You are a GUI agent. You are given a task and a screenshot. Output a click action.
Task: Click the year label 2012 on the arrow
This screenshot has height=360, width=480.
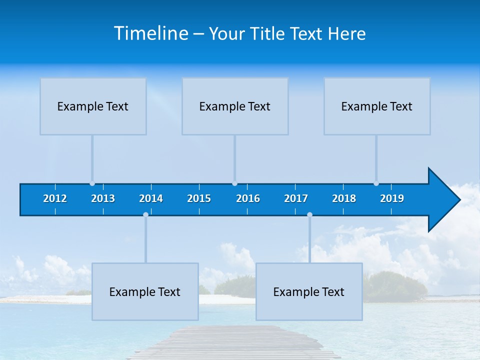coord(55,198)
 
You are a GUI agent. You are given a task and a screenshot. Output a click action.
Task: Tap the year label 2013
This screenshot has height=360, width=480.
coord(103,198)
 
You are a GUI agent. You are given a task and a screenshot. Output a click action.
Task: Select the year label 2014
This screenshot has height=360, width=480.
coord(151,198)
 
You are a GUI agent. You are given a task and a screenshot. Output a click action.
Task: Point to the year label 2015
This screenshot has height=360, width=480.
coord(199,198)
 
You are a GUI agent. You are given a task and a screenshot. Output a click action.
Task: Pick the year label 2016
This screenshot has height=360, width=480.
coord(248,198)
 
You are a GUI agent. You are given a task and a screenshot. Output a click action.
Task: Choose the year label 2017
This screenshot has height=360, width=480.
coord(296,198)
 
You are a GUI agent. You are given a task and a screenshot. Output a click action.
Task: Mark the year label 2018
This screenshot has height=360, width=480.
coord(344,198)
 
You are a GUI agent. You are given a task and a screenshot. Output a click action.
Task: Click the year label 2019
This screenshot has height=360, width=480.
coord(392,198)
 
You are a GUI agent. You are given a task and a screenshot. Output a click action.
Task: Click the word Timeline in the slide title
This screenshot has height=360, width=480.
coord(151,33)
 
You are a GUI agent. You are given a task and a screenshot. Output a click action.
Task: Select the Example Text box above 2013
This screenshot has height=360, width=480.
coord(93,106)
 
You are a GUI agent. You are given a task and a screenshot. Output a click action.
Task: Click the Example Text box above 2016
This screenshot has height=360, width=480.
coord(235,106)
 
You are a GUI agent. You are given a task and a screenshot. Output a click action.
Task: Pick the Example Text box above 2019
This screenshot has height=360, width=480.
coord(377,106)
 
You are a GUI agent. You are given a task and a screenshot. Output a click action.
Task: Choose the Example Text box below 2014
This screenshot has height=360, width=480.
coord(145,291)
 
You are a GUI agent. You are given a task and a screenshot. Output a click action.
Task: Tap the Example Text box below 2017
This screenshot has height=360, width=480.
coord(309,291)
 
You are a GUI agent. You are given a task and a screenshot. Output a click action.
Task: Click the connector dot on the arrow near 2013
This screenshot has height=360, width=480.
coord(92,183)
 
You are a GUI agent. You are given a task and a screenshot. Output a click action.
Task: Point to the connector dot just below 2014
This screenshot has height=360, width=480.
coord(145,215)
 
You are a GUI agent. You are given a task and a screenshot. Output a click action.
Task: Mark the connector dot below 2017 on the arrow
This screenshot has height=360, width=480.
coord(309,215)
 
